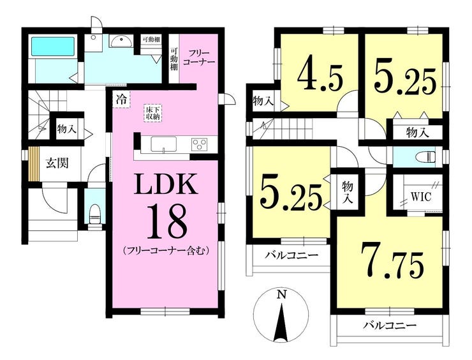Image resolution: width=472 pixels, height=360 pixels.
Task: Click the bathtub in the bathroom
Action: click(53, 47)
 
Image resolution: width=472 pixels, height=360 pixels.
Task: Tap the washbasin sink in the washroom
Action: click(121, 41)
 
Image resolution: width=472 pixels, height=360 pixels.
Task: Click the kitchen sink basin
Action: click(164, 145)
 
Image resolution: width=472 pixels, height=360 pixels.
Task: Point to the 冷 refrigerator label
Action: click(122, 99)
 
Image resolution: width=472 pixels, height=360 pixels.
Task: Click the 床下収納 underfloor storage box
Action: click(152, 113)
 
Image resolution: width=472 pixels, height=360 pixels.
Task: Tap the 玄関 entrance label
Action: click(57, 163)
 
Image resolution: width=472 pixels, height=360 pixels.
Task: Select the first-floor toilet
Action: click(95, 214)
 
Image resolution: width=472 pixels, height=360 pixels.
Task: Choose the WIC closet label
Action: click(422, 197)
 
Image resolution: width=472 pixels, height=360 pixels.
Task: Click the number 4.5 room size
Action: click(320, 79)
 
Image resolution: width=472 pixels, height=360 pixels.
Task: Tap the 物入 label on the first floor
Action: click(67, 130)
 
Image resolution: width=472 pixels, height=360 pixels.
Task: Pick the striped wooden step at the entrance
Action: click(34, 164)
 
